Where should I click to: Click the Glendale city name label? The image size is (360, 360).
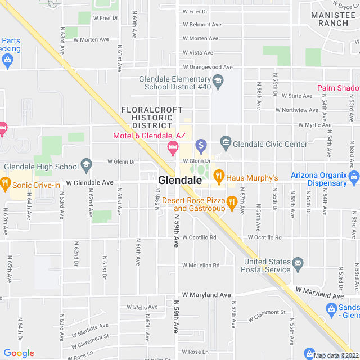(180, 181)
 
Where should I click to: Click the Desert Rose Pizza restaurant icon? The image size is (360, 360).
(232, 201)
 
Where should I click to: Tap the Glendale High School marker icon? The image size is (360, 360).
(86, 164)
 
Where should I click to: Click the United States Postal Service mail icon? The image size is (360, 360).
(298, 263)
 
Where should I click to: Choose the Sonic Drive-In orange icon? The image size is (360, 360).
(6, 183)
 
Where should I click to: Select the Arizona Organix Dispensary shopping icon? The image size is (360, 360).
(354, 179)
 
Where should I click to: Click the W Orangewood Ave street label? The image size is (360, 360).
(208, 67)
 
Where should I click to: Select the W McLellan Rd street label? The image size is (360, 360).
(200, 265)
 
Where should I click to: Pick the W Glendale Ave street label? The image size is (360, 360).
(89, 183)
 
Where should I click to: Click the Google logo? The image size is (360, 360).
(19, 353)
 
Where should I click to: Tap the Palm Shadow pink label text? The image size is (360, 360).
(338, 88)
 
